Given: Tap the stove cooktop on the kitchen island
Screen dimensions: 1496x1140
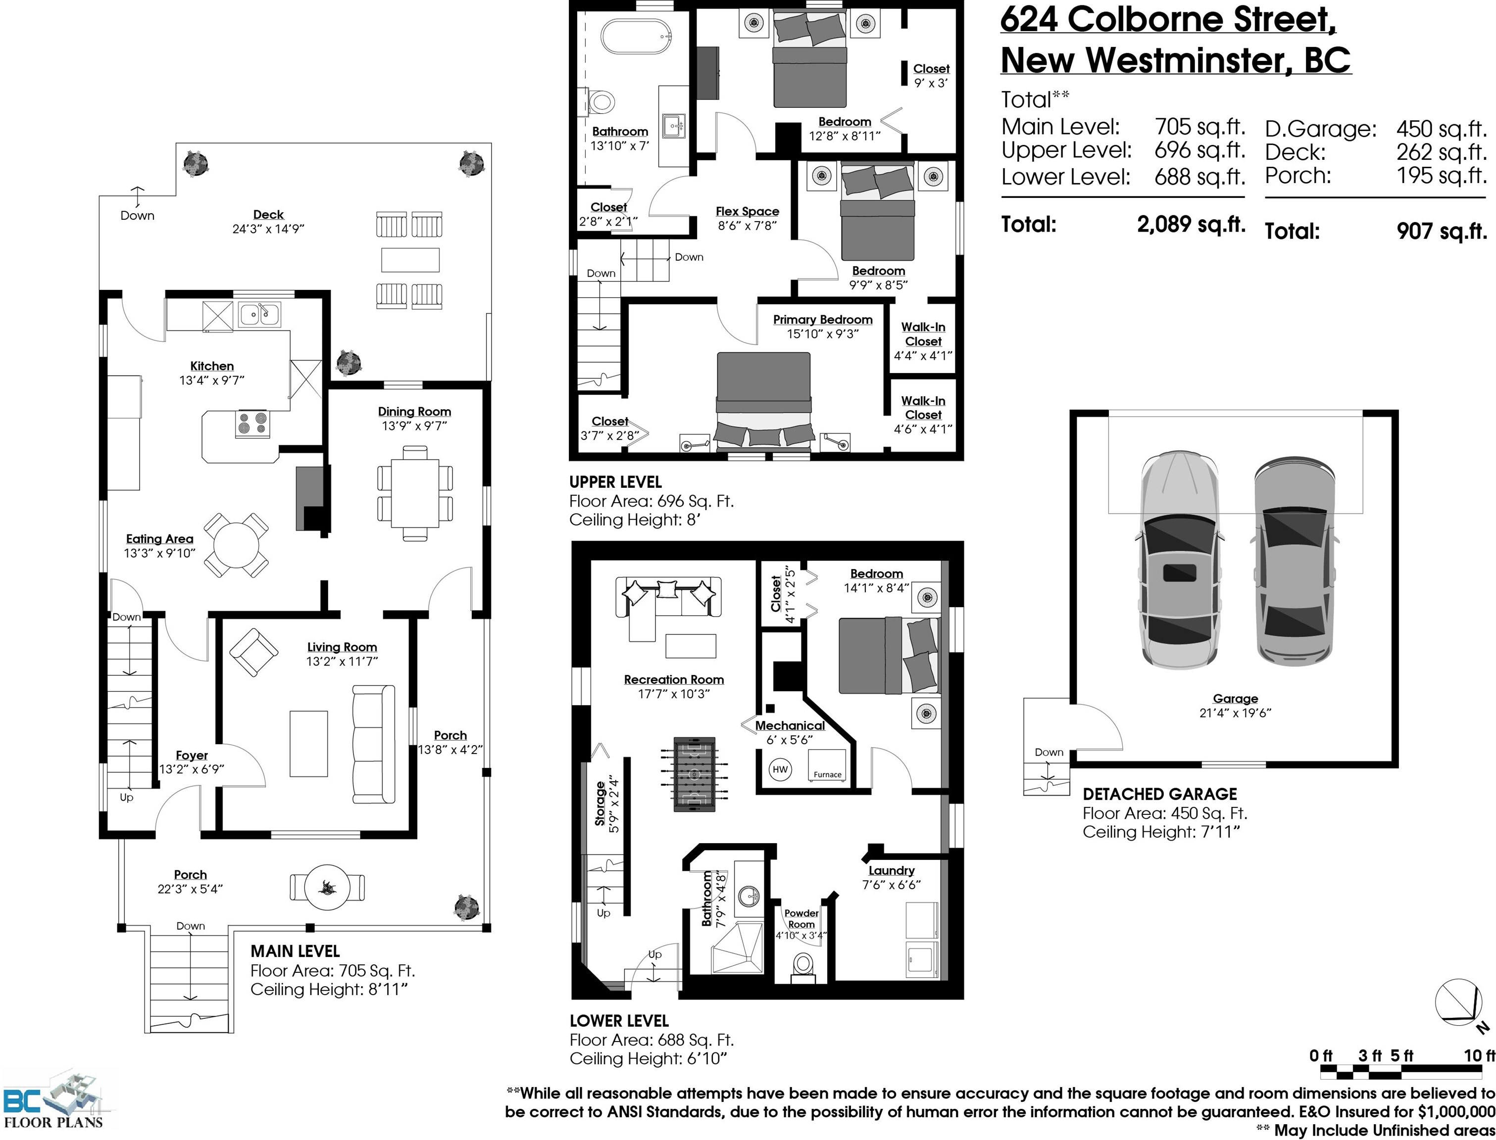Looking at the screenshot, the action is [252, 424].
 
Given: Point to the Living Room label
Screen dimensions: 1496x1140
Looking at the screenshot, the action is [342, 647].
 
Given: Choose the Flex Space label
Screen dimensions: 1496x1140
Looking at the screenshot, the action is [748, 212].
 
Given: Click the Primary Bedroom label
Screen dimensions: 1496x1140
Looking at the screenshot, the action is [823, 320].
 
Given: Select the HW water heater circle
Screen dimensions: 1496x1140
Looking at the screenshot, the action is [780, 769].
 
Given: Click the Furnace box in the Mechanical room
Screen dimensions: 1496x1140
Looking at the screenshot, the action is [827, 765].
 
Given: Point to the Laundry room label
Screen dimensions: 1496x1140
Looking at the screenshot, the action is [891, 871].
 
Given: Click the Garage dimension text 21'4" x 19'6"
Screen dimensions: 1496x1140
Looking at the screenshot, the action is [1235, 713].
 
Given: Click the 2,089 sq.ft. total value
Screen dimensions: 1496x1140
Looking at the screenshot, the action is [1191, 224].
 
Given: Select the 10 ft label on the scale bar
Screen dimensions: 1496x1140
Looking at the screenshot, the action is [1480, 1056].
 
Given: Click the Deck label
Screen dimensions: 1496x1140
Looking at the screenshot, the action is [268, 214].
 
